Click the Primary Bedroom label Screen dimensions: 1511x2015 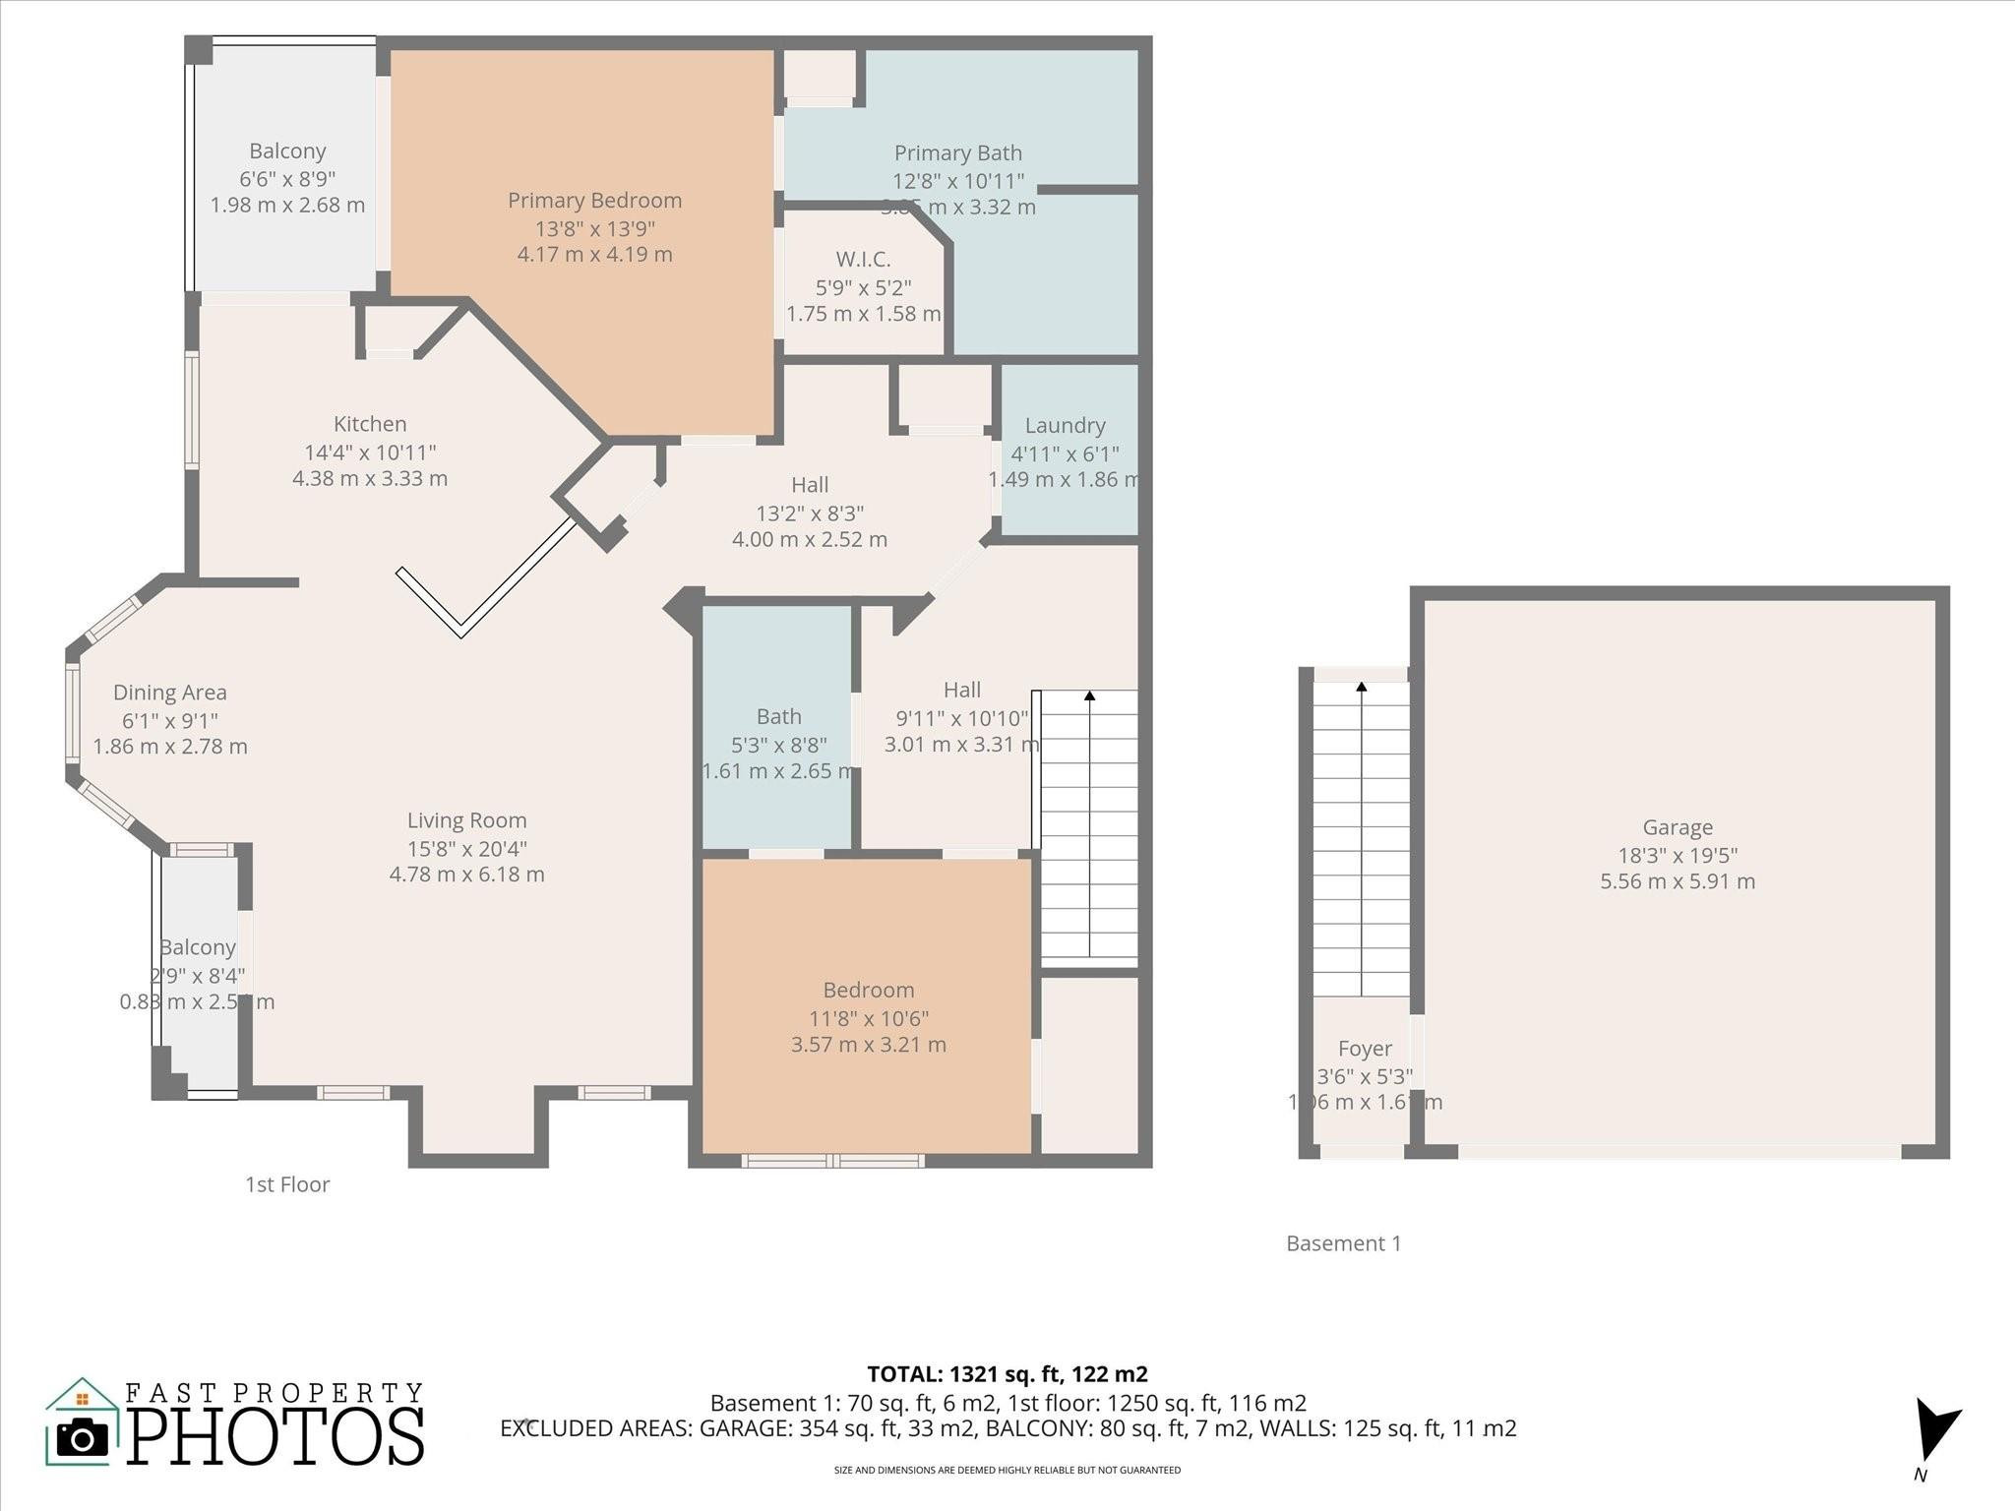(594, 201)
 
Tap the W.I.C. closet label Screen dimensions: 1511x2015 (863, 260)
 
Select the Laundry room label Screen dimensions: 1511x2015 (1065, 426)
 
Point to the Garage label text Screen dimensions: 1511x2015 (1677, 828)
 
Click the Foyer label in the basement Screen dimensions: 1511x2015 (1365, 1049)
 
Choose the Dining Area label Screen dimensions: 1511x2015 (169, 694)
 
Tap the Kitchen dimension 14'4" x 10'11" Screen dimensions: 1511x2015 (370, 453)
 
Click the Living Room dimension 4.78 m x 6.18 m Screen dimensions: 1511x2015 (466, 875)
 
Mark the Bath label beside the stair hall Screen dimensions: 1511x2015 (778, 717)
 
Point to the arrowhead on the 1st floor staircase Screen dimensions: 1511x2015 (1089, 696)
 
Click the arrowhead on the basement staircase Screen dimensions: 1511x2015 (1362, 687)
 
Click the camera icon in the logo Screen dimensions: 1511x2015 (83, 1438)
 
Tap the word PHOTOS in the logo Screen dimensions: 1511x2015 (275, 1437)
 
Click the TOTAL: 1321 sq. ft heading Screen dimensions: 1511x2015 (1007, 1374)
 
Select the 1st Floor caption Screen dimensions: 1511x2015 (287, 1184)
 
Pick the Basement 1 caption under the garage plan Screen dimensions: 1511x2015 (1343, 1243)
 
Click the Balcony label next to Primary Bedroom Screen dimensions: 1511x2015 (287, 151)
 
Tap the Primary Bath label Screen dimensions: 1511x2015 (957, 153)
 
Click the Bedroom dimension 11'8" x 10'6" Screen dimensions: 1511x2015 (868, 1018)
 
